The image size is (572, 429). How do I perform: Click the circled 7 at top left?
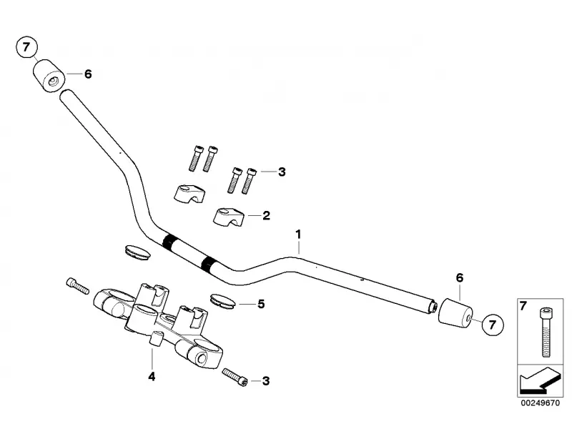tap(26, 49)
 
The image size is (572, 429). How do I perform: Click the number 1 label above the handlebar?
tap(299, 235)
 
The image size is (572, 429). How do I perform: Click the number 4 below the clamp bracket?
tap(151, 376)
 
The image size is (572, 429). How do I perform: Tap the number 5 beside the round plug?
tap(261, 304)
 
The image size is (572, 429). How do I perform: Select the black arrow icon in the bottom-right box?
tap(539, 380)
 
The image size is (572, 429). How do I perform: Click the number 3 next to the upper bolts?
tap(282, 172)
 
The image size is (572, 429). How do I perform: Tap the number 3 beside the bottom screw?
tap(266, 383)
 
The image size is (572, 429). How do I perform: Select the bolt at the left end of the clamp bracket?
tap(75, 285)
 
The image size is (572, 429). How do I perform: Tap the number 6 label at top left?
tap(88, 74)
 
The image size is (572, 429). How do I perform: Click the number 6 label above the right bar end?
tap(459, 277)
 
